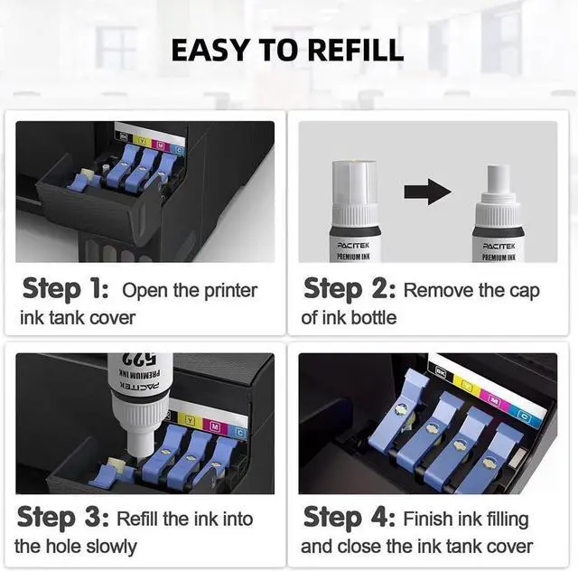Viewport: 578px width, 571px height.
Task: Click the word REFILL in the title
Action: [x=356, y=50]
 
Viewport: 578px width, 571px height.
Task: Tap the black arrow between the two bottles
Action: [x=427, y=192]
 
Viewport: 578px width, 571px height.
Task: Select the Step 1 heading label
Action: [x=65, y=289]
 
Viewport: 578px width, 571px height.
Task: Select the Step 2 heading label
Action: [x=350, y=289]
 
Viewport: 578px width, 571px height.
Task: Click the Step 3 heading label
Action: [x=62, y=518]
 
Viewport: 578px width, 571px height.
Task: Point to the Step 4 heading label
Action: [x=350, y=518]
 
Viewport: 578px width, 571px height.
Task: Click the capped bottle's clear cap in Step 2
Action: [x=354, y=183]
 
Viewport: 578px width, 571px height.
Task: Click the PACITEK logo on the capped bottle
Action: [x=353, y=245]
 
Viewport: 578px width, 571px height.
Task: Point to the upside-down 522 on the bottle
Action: [x=138, y=359]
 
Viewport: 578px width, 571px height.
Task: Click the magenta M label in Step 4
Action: [x=494, y=399]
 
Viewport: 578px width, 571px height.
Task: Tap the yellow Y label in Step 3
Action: [x=190, y=420]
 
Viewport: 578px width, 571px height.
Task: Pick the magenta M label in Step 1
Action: [x=161, y=145]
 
